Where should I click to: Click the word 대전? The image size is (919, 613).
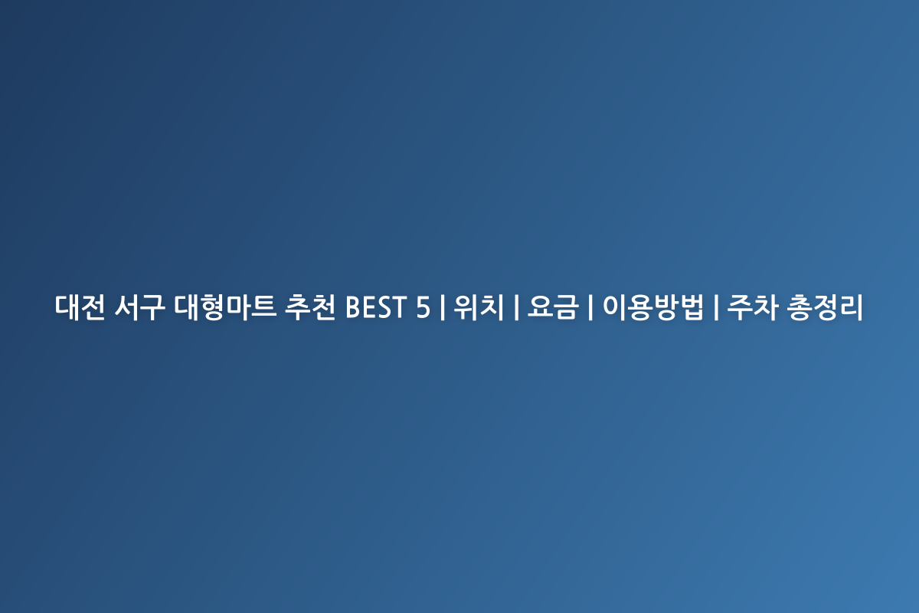(x=80, y=307)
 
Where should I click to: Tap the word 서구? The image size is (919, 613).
(x=139, y=307)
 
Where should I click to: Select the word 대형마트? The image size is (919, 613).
(x=224, y=307)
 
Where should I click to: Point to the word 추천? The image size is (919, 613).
(x=310, y=307)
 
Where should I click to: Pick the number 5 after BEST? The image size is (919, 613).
(x=423, y=307)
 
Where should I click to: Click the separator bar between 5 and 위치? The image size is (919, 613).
(x=443, y=307)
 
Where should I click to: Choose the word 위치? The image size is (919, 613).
(x=479, y=307)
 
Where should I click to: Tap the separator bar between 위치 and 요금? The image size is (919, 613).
(x=516, y=307)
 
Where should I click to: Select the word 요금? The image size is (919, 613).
(x=553, y=307)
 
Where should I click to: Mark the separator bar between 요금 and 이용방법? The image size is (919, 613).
(x=590, y=307)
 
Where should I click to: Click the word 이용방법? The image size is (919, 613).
(x=652, y=307)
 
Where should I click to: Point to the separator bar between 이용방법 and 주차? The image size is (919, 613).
(x=716, y=307)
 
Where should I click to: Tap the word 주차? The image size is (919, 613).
(x=752, y=307)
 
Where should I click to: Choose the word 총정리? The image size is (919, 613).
(x=826, y=307)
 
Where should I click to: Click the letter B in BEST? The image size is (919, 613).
(x=354, y=307)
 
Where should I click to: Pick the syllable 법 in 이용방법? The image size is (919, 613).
(x=692, y=307)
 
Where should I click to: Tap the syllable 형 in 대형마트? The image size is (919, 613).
(x=212, y=307)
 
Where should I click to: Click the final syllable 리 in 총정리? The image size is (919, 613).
(x=852, y=307)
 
